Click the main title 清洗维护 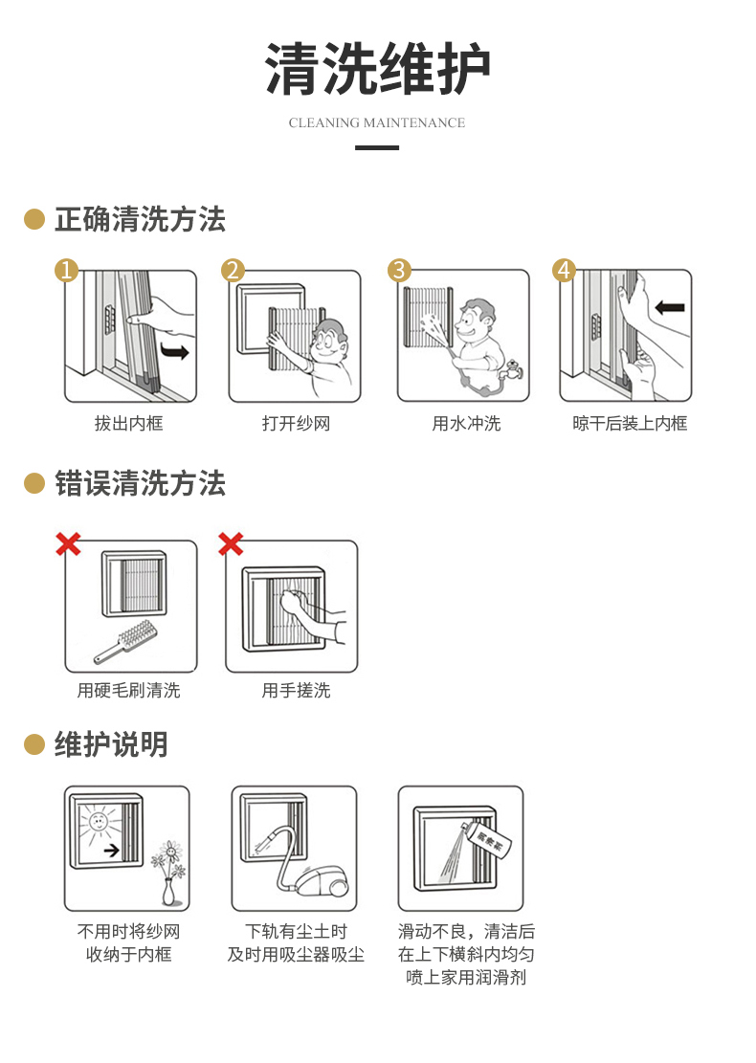coord(377,69)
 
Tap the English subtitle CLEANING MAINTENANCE coord(377,122)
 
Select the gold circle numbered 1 coord(66,270)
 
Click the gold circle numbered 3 coord(399,270)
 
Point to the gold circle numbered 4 coord(564,270)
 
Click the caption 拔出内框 coord(129,424)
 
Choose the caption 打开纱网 coord(297,424)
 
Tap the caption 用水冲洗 coord(466,424)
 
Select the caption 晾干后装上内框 coord(630,424)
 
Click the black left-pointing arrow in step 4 coord(670,307)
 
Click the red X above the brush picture coord(68,543)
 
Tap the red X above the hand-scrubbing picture coord(231,543)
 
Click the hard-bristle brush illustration coord(126,641)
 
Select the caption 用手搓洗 coord(297,691)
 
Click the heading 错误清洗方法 coord(141,484)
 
